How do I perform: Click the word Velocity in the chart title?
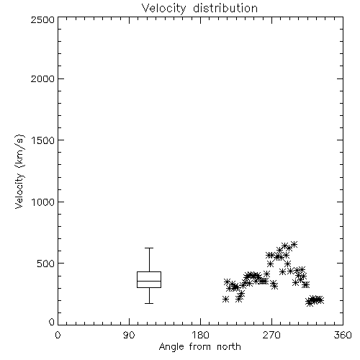[x=163, y=9]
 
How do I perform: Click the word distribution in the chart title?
[x=225, y=8]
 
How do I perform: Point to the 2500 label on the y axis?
[x=43, y=19]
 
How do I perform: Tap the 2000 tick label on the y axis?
[x=43, y=78]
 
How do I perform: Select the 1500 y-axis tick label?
[x=43, y=140]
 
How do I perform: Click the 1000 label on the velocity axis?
[x=43, y=202]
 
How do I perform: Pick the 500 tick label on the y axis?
[x=46, y=264]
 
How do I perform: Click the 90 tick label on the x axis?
[x=129, y=335]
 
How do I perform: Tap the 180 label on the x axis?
[x=200, y=335]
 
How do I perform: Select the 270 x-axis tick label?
[x=271, y=335]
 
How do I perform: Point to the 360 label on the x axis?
[x=343, y=335]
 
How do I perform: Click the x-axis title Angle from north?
[x=200, y=347]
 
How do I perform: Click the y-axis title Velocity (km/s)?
[x=19, y=171]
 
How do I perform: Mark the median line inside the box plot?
[x=149, y=281]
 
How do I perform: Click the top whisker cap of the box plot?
[x=149, y=248]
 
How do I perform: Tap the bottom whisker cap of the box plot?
[x=149, y=303]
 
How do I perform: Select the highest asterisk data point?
[x=294, y=245]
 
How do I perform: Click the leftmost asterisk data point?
[x=225, y=300]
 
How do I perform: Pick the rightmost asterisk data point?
[x=320, y=300]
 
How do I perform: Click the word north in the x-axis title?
[x=229, y=346]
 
